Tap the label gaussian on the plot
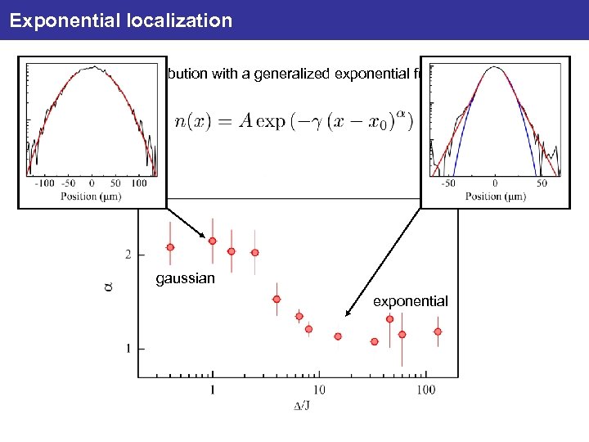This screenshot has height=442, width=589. (x=186, y=279)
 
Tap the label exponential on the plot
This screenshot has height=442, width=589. (x=411, y=302)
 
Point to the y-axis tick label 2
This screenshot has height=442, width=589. (x=128, y=255)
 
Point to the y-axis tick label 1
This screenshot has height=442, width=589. (x=128, y=350)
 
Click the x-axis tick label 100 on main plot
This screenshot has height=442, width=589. (x=425, y=390)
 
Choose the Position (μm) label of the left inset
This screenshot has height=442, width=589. (x=92, y=196)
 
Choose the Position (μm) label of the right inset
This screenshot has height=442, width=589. (x=496, y=196)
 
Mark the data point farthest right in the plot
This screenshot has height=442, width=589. (x=438, y=331)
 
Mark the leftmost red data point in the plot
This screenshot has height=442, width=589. (x=170, y=247)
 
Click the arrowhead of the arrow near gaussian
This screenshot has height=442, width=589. (x=205, y=237)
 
